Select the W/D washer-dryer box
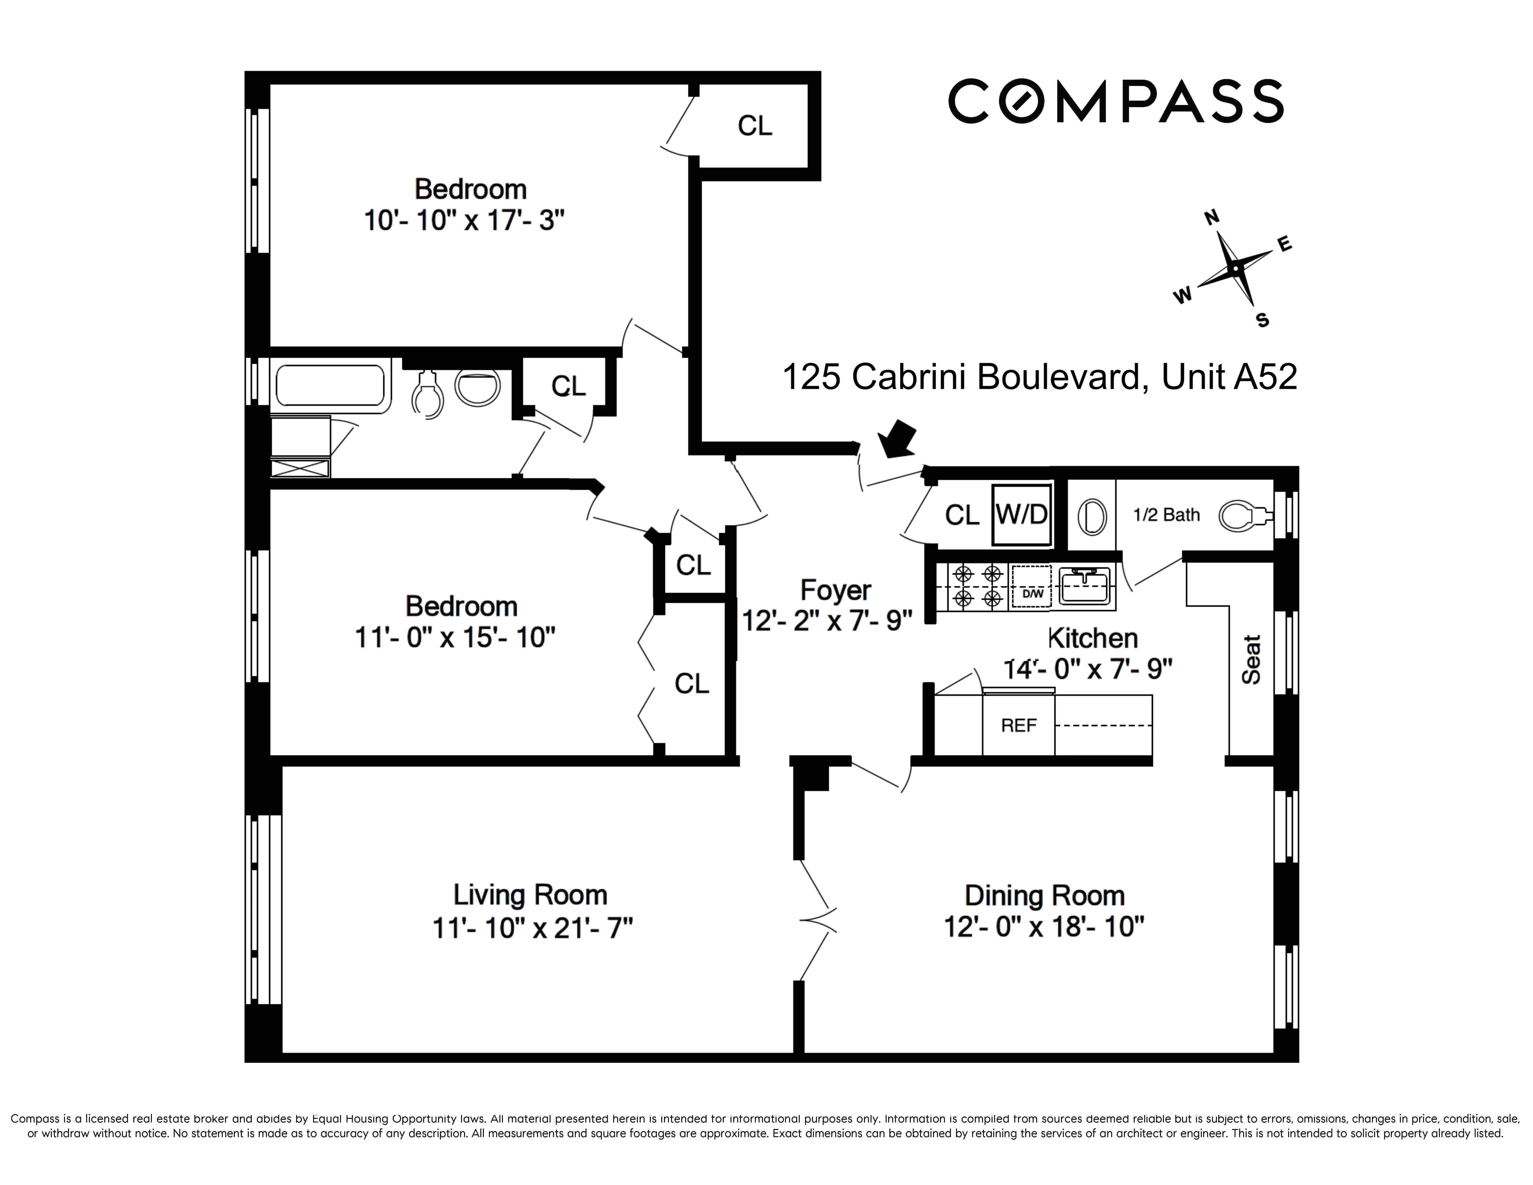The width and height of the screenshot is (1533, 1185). point(1021,515)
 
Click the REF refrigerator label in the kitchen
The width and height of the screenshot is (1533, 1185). point(1019,725)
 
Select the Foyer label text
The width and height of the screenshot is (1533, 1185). point(835,590)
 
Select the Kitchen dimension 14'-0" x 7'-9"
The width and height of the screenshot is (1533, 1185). point(1088,669)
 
